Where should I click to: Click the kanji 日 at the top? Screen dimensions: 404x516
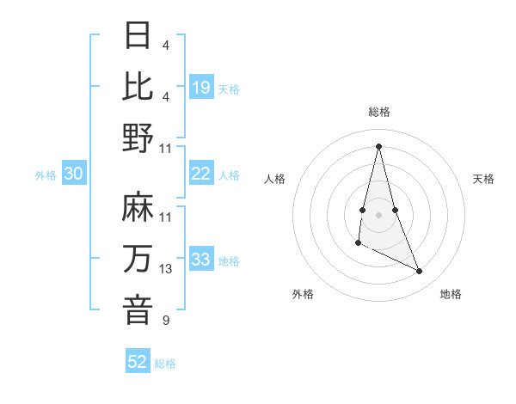[138, 36]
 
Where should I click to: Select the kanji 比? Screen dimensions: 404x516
[138, 86]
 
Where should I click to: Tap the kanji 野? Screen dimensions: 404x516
[138, 138]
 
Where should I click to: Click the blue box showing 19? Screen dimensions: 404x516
[201, 87]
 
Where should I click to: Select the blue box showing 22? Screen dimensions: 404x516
[201, 174]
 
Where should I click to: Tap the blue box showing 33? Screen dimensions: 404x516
[201, 260]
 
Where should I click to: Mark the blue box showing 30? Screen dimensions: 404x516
[73, 174]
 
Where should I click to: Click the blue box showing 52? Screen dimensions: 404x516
[138, 362]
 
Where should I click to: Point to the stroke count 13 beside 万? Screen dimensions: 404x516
[166, 269]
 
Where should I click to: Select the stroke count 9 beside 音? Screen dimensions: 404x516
[165, 321]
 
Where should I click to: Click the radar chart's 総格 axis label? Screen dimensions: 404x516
[378, 112]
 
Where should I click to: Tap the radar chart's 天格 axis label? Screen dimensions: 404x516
[483, 179]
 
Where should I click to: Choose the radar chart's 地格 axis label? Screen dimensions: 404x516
[451, 294]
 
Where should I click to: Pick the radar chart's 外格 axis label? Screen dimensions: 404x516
[303, 294]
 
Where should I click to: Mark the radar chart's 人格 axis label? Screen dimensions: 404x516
[275, 179]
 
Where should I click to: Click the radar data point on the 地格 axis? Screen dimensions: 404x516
[420, 272]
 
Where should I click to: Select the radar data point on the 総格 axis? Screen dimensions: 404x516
[378, 145]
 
